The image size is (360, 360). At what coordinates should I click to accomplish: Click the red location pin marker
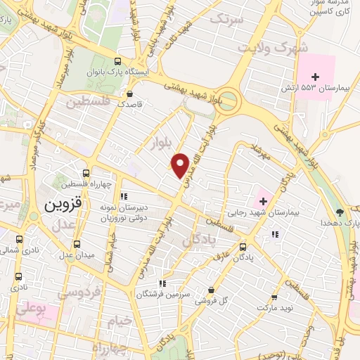(181, 165)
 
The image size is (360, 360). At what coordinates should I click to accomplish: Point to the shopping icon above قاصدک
(129, 93)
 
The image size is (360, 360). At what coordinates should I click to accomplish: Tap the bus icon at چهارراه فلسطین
(86, 173)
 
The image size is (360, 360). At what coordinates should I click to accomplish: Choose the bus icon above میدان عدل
(77, 243)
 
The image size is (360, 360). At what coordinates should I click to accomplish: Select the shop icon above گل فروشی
(211, 289)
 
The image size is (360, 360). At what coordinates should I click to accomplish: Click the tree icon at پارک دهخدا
(340, 211)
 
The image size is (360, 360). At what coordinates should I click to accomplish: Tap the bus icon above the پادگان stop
(243, 247)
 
